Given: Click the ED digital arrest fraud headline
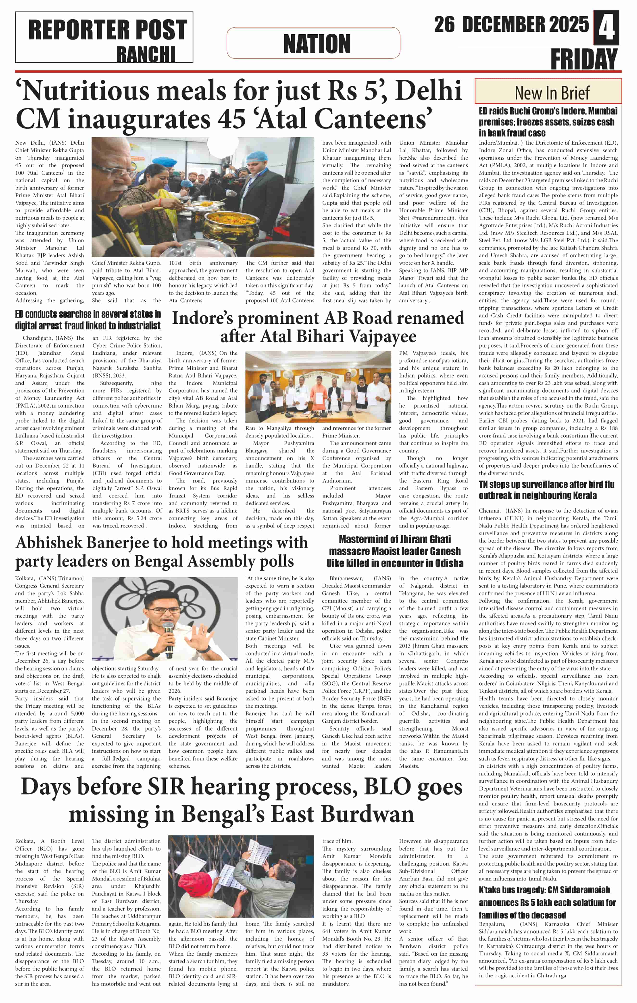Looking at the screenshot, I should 88,320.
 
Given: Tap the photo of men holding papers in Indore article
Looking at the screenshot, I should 318,387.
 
